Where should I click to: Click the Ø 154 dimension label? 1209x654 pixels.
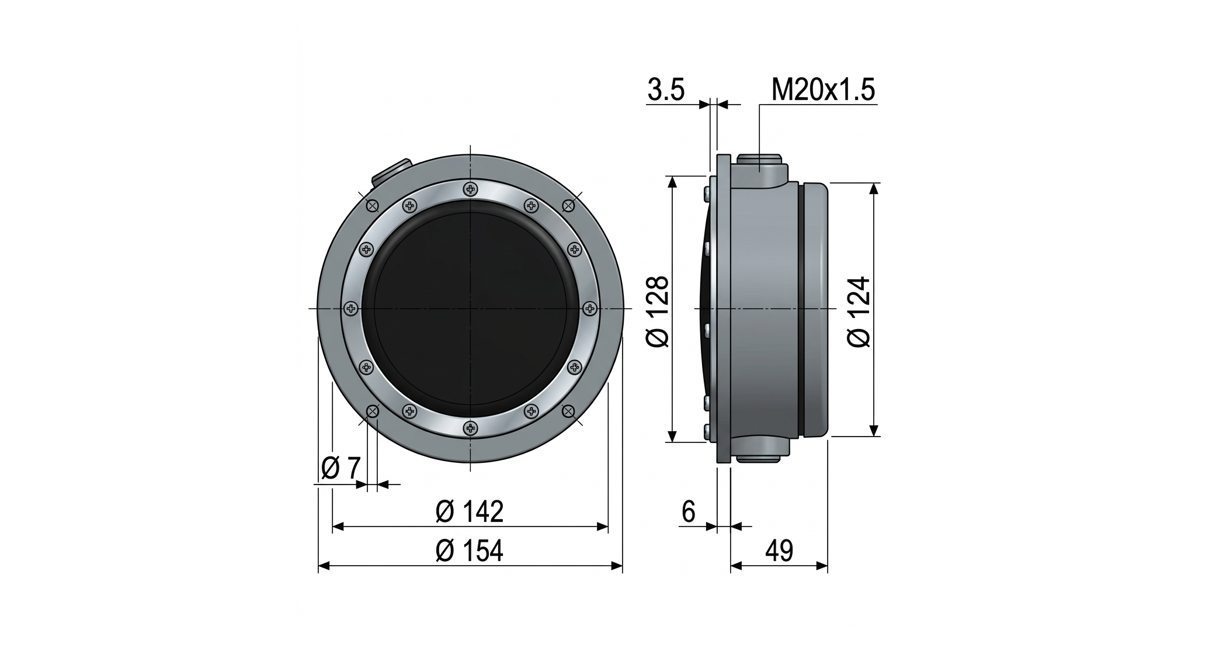point(469,551)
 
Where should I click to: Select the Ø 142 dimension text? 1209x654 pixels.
point(469,512)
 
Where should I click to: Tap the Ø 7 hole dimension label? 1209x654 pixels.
point(341,468)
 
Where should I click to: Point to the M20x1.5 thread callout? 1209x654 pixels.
point(823,90)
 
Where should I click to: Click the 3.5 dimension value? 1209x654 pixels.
point(666,91)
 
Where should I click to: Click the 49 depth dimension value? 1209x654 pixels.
point(779,551)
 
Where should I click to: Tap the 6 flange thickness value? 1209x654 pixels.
point(689,512)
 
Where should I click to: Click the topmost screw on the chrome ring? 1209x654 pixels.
point(470,189)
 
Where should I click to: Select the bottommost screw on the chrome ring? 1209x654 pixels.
point(470,428)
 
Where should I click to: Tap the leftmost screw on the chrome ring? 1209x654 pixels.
point(350,308)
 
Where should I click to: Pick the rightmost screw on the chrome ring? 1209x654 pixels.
point(590,308)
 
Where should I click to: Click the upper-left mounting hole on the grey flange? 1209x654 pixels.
point(372,205)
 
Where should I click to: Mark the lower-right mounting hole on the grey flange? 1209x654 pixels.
point(568,411)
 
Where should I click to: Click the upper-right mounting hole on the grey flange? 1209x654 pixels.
point(568,205)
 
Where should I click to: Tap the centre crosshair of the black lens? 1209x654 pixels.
point(470,308)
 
